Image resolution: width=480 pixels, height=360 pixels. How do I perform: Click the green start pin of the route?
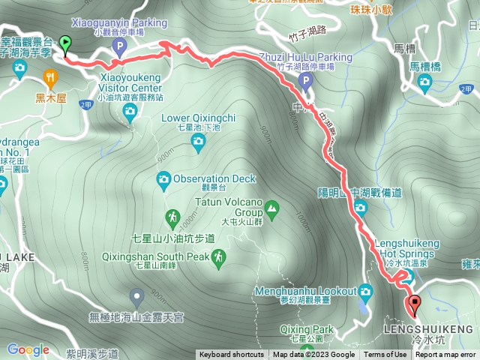(x=65, y=44)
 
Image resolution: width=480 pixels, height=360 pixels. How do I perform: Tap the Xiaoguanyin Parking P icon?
(x=118, y=48)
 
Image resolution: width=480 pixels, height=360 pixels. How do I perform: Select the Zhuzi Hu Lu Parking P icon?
(x=306, y=88)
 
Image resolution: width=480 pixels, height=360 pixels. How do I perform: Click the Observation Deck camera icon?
(x=163, y=178)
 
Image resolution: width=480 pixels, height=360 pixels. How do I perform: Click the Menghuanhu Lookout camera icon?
(x=365, y=291)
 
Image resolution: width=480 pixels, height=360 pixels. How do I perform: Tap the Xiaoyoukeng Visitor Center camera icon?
(x=129, y=112)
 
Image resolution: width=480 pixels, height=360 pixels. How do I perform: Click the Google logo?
(x=28, y=349)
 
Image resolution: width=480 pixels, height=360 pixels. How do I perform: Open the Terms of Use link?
(x=385, y=355)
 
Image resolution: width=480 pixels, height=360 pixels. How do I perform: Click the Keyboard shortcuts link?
(x=231, y=355)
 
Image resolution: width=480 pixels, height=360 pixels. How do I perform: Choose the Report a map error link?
(x=445, y=355)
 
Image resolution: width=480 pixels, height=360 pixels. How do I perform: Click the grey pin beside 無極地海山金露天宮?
(x=136, y=295)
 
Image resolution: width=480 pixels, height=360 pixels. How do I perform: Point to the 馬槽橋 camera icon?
(x=426, y=81)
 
